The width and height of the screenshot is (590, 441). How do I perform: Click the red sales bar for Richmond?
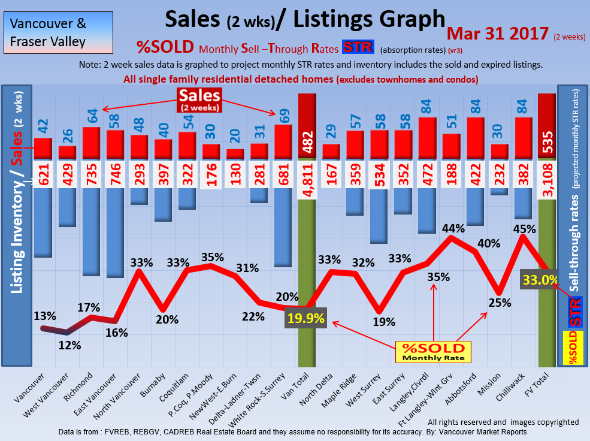coord(90,143)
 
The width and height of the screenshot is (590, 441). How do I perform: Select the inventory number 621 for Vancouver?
coord(43,174)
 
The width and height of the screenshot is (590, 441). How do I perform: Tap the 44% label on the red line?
coord(453,228)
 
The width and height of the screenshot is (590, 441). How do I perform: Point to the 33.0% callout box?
coord(540,279)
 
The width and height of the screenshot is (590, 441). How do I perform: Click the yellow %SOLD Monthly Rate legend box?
coord(433,352)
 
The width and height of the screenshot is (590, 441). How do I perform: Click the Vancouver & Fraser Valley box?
coord(58,33)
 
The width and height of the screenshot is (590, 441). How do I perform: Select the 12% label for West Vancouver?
coord(69,345)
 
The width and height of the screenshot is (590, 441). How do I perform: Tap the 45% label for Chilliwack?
coord(525,228)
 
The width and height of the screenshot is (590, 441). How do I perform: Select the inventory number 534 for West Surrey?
coord(379,174)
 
